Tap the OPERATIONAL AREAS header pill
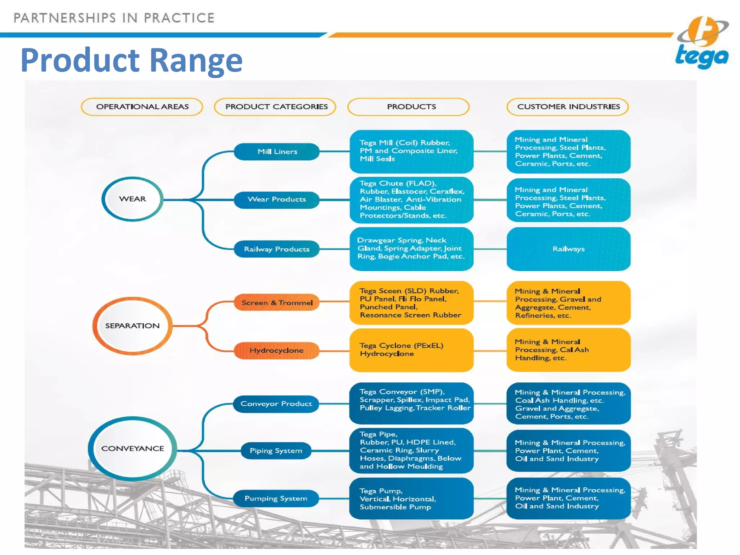[142, 107]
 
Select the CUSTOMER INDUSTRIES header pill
[568, 107]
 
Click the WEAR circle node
[133, 199]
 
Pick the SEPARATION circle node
[132, 326]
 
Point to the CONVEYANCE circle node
[133, 448]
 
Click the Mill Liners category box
[277, 151]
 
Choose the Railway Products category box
[277, 249]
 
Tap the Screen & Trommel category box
[277, 302]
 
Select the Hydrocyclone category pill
[277, 350]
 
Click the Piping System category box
[276, 451]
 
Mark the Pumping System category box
[276, 498]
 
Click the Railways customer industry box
[568, 249]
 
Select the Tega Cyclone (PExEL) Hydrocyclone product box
[411, 350]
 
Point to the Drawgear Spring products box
[411, 249]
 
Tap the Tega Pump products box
[411, 499]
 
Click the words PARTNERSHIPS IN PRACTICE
[114, 18]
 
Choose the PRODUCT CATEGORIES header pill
[276, 107]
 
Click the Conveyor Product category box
[276, 404]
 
